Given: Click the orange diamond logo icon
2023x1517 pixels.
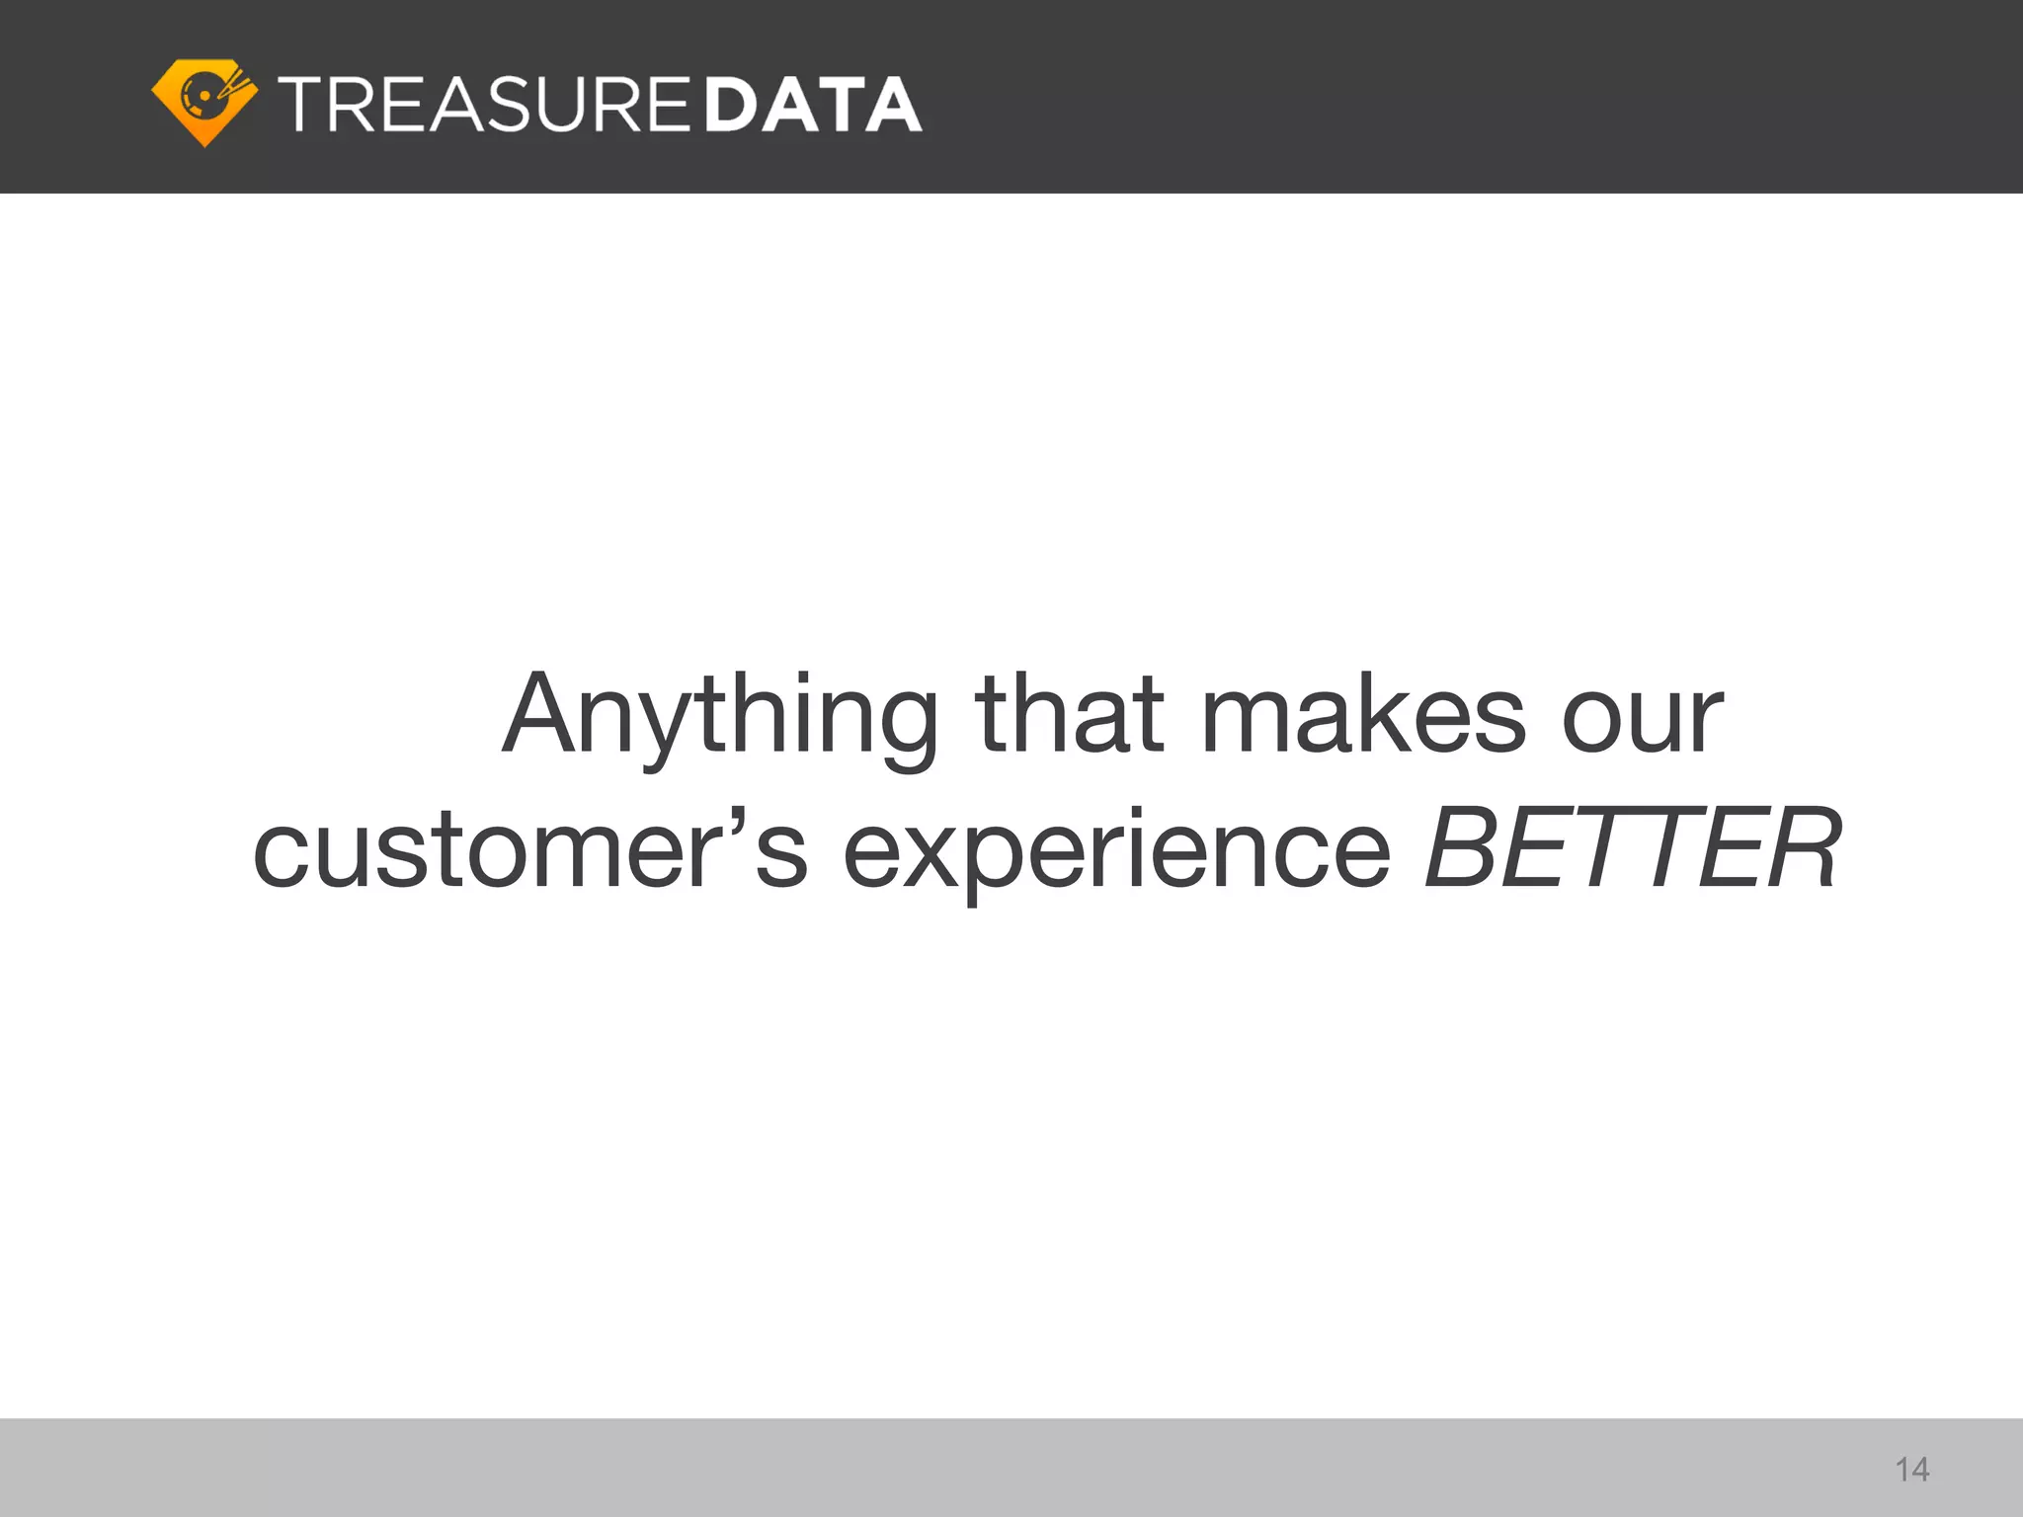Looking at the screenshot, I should tap(204, 102).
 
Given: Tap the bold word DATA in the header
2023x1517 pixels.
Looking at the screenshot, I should tap(814, 105).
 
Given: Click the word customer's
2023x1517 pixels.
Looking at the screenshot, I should tap(529, 849).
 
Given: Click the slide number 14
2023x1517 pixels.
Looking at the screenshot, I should tap(1912, 1470).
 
